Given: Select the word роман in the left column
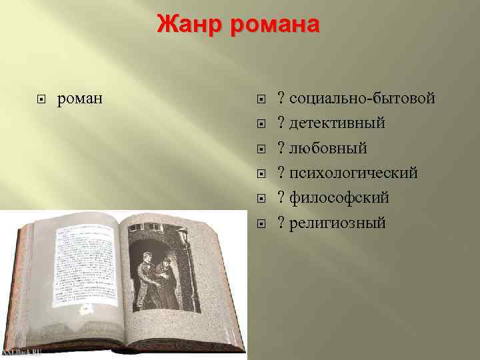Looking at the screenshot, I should click(x=80, y=99).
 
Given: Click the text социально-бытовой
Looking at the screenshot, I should click(x=362, y=99).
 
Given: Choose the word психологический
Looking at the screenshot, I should click(x=353, y=173).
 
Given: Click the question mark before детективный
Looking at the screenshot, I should click(x=283, y=123).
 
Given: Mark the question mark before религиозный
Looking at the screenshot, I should click(x=283, y=223).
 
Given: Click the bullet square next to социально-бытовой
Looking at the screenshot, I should click(x=262, y=100).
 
